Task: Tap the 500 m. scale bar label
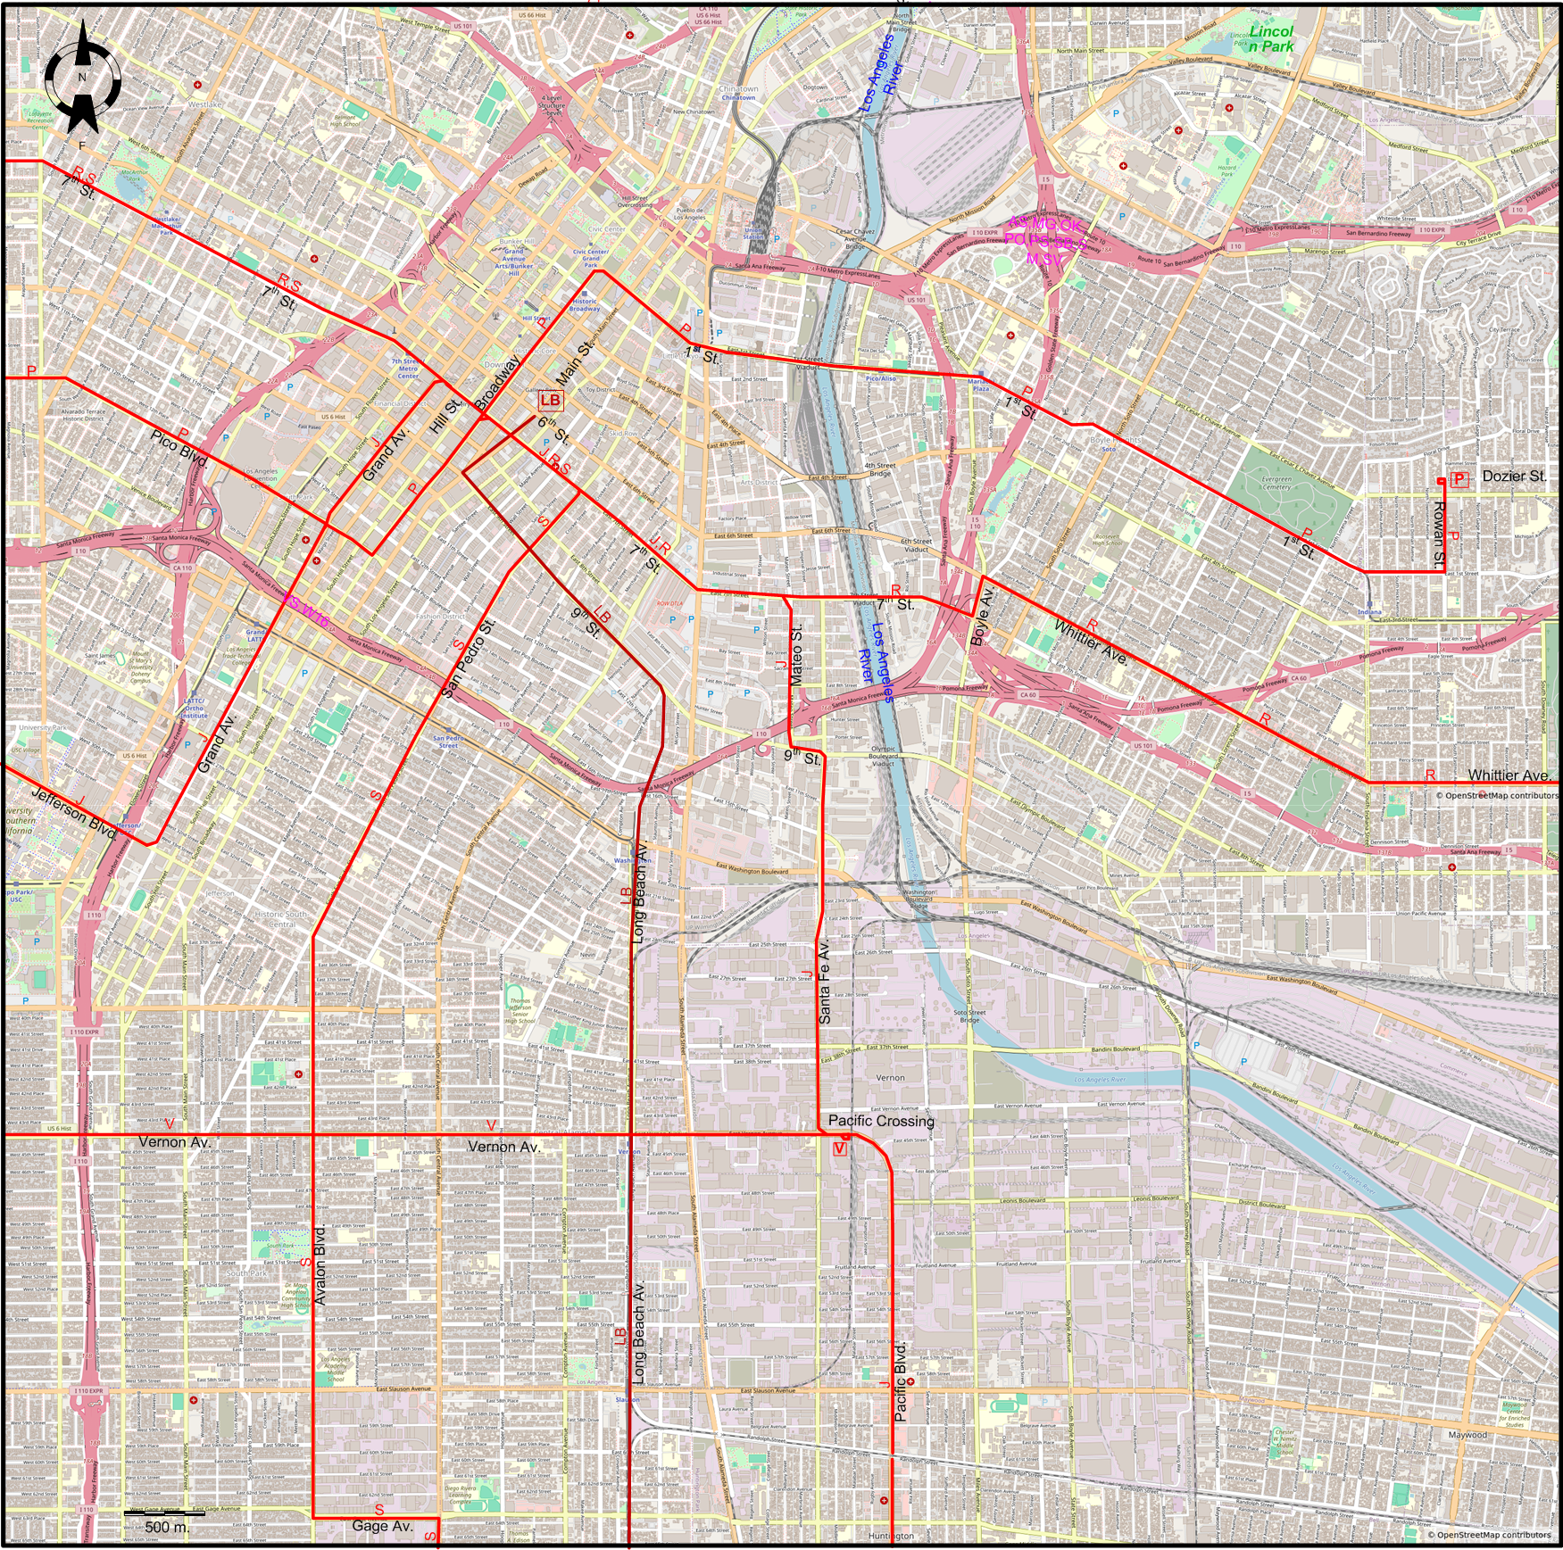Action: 167,1527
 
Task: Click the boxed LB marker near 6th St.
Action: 550,401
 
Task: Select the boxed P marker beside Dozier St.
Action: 1459,480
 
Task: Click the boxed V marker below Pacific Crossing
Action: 839,1149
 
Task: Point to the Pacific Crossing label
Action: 881,1121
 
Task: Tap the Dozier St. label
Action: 1514,477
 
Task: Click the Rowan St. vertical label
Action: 1438,535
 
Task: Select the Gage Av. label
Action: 382,1526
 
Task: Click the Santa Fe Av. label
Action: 825,981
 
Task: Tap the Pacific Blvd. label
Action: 901,1381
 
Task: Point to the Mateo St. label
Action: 796,655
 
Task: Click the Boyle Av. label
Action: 982,616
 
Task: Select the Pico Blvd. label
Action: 179,449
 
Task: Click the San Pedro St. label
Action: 469,657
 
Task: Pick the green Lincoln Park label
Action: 1271,38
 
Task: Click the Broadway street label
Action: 496,383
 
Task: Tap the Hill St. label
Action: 445,416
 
